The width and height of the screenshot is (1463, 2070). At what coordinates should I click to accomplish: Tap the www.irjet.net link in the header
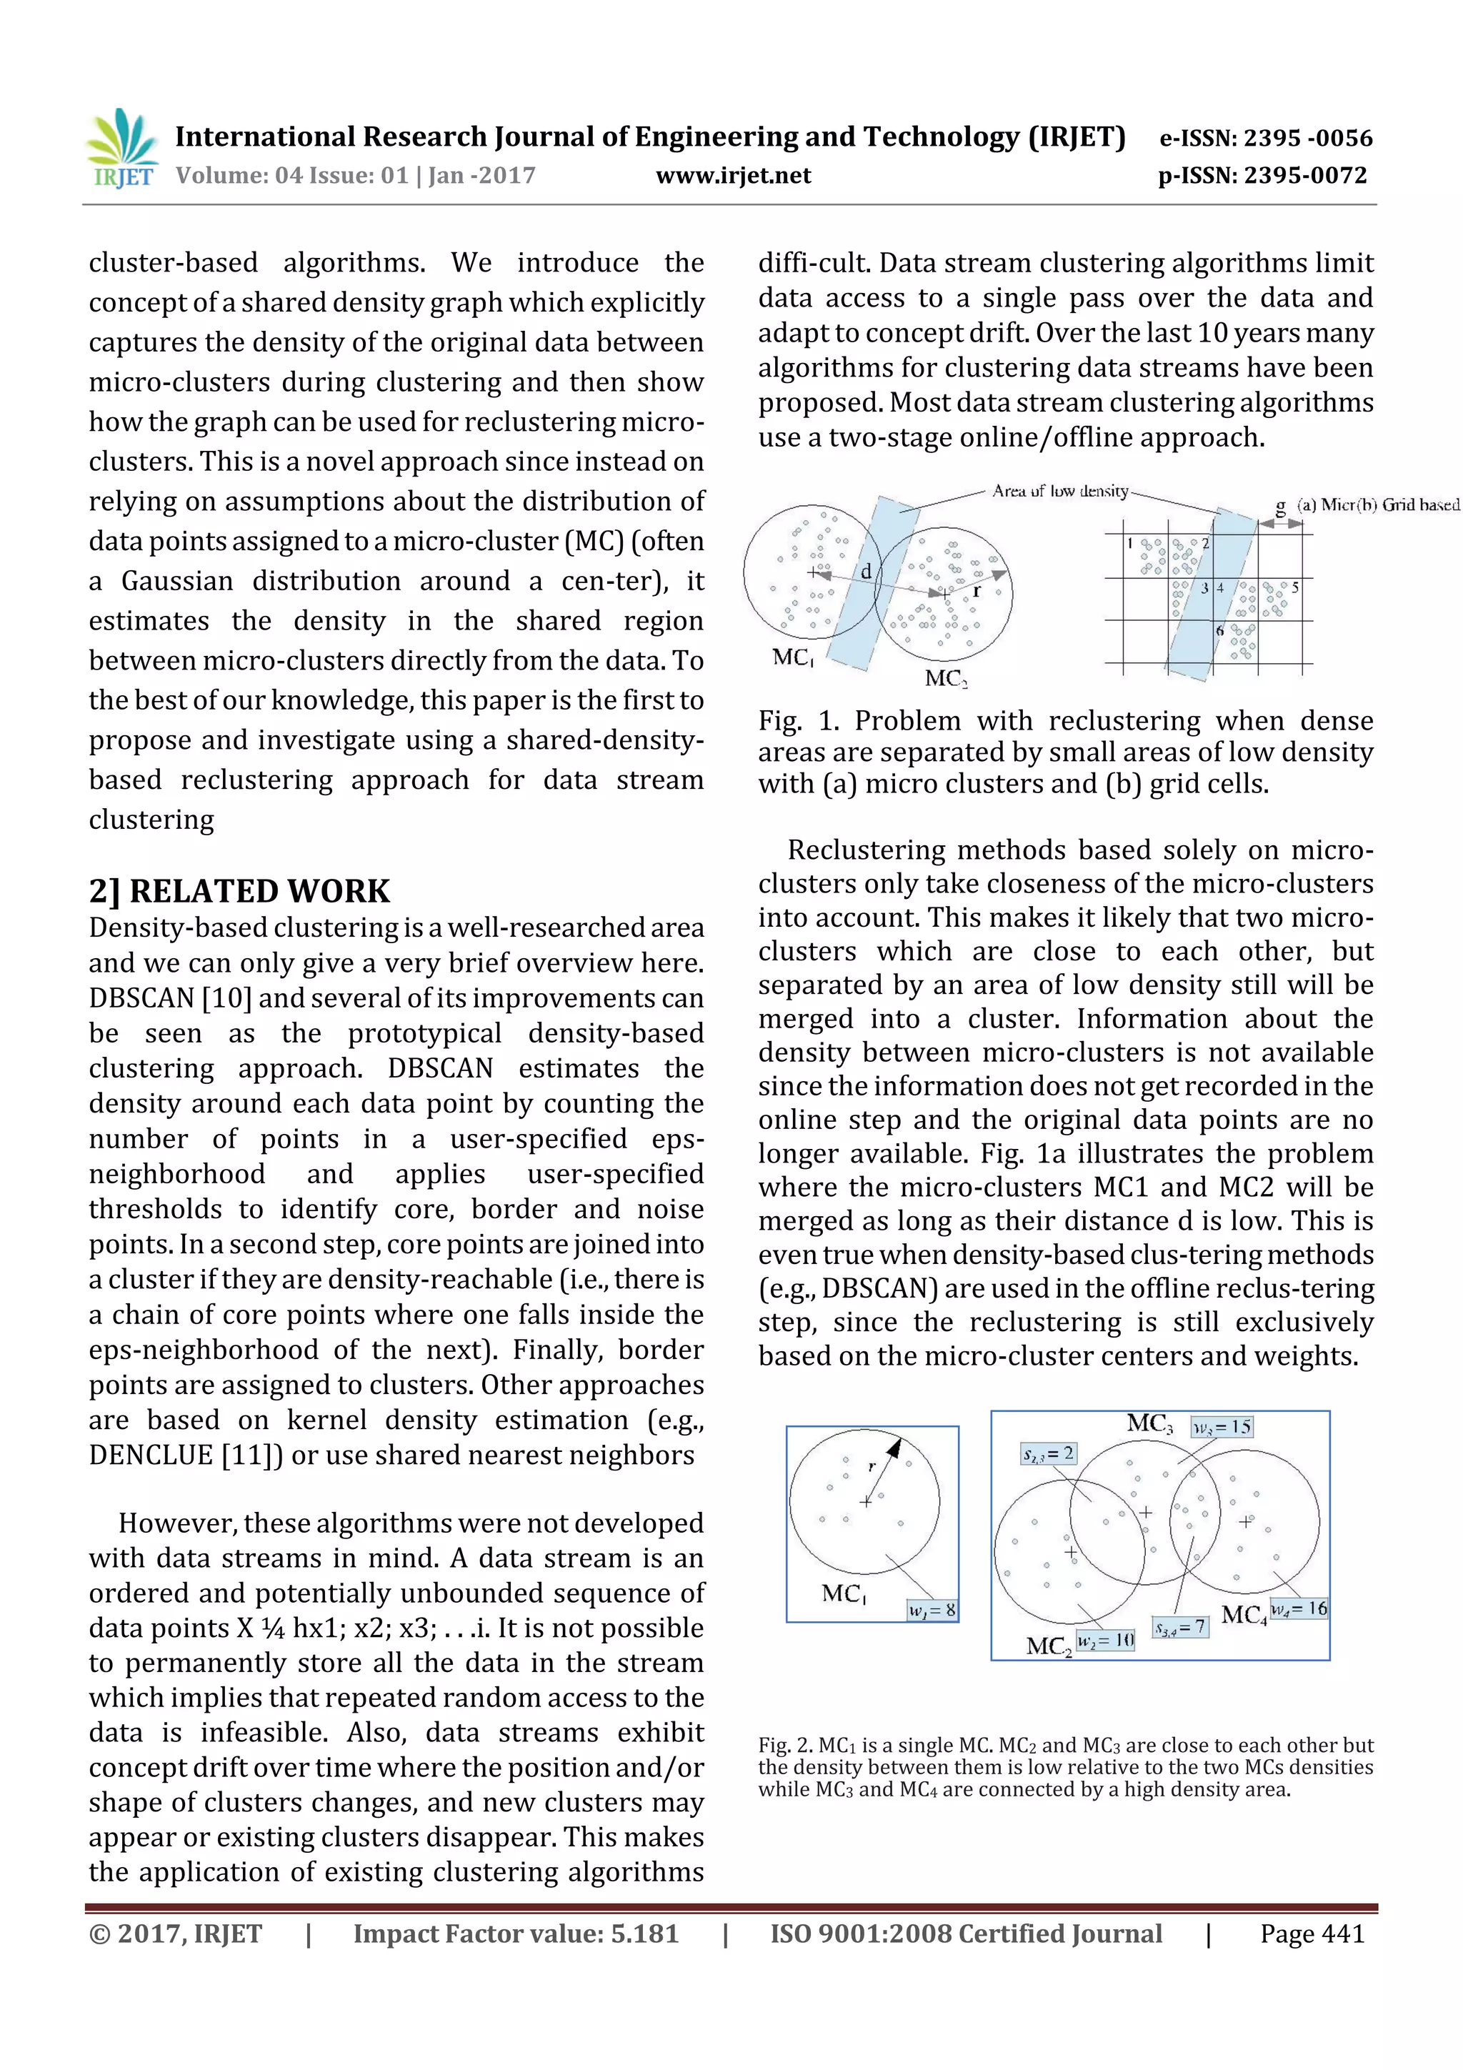(733, 176)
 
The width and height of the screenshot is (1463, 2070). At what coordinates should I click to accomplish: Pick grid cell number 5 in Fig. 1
(1294, 587)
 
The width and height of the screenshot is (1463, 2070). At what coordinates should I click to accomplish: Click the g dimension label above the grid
(1280, 507)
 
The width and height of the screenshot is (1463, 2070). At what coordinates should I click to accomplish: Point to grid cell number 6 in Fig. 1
(1219, 630)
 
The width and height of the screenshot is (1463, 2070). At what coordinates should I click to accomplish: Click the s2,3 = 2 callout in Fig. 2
(1047, 1453)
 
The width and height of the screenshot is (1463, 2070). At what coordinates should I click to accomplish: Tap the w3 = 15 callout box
(1222, 1426)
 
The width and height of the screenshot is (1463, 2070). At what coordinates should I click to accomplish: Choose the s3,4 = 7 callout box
(1180, 1627)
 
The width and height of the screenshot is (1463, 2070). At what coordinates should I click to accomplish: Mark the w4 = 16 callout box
(1298, 1608)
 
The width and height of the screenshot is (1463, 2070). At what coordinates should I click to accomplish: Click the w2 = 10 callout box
(1105, 1640)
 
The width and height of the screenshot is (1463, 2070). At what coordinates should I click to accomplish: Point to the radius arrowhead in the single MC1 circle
(895, 1448)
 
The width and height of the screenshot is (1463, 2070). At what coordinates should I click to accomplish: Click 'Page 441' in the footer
(1312, 1933)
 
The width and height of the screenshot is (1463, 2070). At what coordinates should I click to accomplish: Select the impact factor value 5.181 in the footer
(644, 1933)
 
